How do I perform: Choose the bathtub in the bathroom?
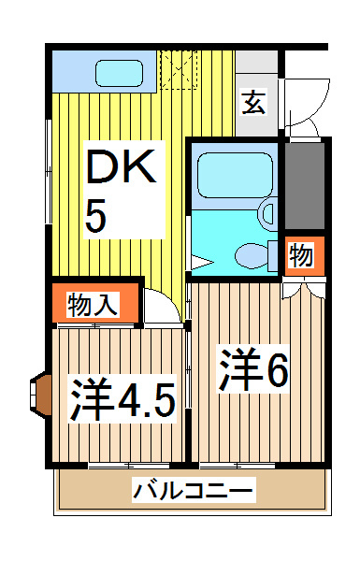[234, 173]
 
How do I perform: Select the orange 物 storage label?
[300, 256]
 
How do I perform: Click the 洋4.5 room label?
[122, 400]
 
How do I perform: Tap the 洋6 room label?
[253, 370]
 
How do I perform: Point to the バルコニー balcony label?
[193, 489]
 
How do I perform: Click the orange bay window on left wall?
[40, 394]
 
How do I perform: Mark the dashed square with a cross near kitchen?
[179, 68]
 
